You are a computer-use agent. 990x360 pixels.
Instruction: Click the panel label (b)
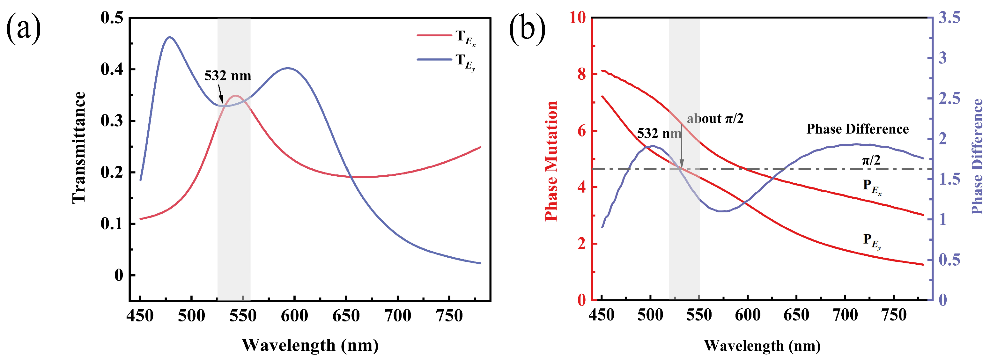click(527, 29)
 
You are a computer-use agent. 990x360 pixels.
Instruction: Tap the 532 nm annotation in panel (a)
click(227, 76)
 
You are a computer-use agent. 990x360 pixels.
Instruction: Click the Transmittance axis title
click(79, 148)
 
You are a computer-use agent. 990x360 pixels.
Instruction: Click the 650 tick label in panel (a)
click(346, 316)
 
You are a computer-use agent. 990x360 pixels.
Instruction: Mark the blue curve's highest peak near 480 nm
click(169, 37)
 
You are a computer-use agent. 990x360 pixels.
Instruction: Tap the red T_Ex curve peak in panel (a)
click(235, 96)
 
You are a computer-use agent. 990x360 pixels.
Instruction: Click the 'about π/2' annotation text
click(715, 119)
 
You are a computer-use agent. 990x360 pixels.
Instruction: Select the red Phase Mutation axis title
click(551, 161)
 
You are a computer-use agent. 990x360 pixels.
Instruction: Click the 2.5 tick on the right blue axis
click(949, 98)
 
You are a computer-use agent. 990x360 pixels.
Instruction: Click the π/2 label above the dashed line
click(871, 159)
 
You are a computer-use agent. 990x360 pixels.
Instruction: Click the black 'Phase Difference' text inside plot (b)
click(857, 129)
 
